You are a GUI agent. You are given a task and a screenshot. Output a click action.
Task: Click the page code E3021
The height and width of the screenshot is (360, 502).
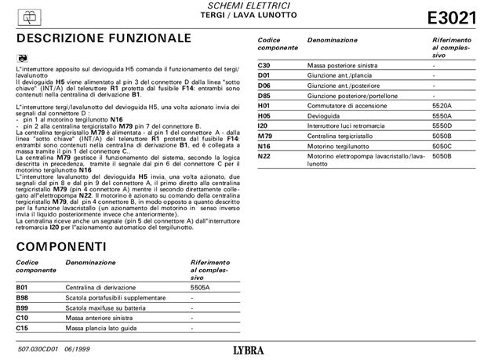(x=453, y=18)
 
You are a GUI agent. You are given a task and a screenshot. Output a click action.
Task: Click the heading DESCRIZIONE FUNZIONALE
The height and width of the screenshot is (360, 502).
(x=103, y=38)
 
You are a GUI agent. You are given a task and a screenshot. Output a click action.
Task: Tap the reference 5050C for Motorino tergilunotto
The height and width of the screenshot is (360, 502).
(x=443, y=145)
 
